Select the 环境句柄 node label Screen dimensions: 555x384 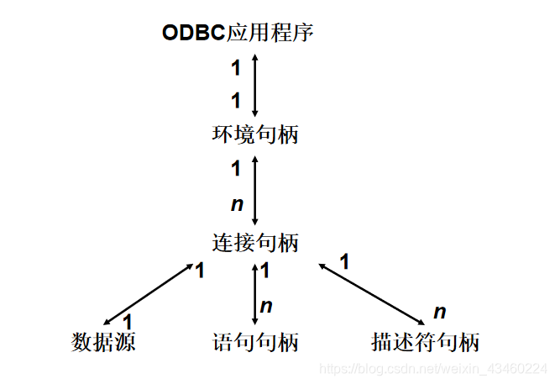click(x=254, y=134)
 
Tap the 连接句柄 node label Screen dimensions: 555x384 click(x=254, y=243)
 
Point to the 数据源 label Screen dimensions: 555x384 click(x=103, y=343)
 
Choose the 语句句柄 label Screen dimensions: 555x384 click(x=254, y=343)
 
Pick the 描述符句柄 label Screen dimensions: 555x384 click(x=425, y=343)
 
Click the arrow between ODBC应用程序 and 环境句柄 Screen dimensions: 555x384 click(x=254, y=84)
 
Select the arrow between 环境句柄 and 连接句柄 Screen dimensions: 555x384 click(x=254, y=187)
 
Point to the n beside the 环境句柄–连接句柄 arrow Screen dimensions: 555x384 click(x=236, y=204)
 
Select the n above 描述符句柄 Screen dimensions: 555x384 click(x=439, y=313)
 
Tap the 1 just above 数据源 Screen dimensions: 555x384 click(x=128, y=322)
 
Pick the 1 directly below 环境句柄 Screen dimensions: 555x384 click(x=236, y=169)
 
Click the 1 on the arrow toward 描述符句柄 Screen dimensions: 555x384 click(x=343, y=262)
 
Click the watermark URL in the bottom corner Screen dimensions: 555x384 click(x=435, y=369)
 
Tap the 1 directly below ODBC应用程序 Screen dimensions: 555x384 click(x=236, y=66)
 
